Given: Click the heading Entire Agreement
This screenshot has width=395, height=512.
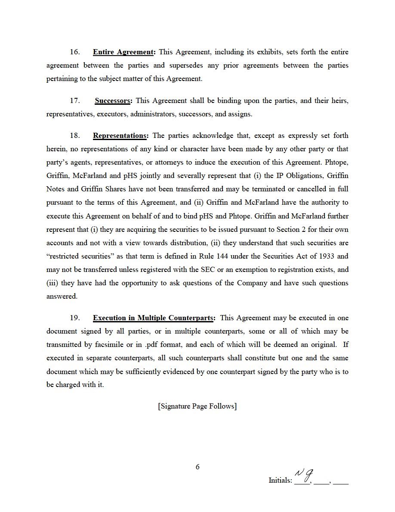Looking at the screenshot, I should tap(123, 52).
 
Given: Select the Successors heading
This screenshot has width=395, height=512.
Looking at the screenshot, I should tap(113, 101).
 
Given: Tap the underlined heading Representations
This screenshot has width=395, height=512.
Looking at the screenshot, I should tap(120, 136).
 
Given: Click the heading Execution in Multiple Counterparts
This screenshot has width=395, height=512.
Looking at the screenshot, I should tap(154, 318).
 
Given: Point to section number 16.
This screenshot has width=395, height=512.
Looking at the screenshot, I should tap(75, 52).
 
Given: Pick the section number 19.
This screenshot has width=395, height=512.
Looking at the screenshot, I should tap(75, 318).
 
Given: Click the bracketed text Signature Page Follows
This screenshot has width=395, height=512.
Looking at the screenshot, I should tap(197, 406).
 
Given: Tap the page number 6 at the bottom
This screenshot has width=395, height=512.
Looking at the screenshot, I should tap(197, 467).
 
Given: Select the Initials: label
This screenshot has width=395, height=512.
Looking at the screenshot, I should tap(280, 480).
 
